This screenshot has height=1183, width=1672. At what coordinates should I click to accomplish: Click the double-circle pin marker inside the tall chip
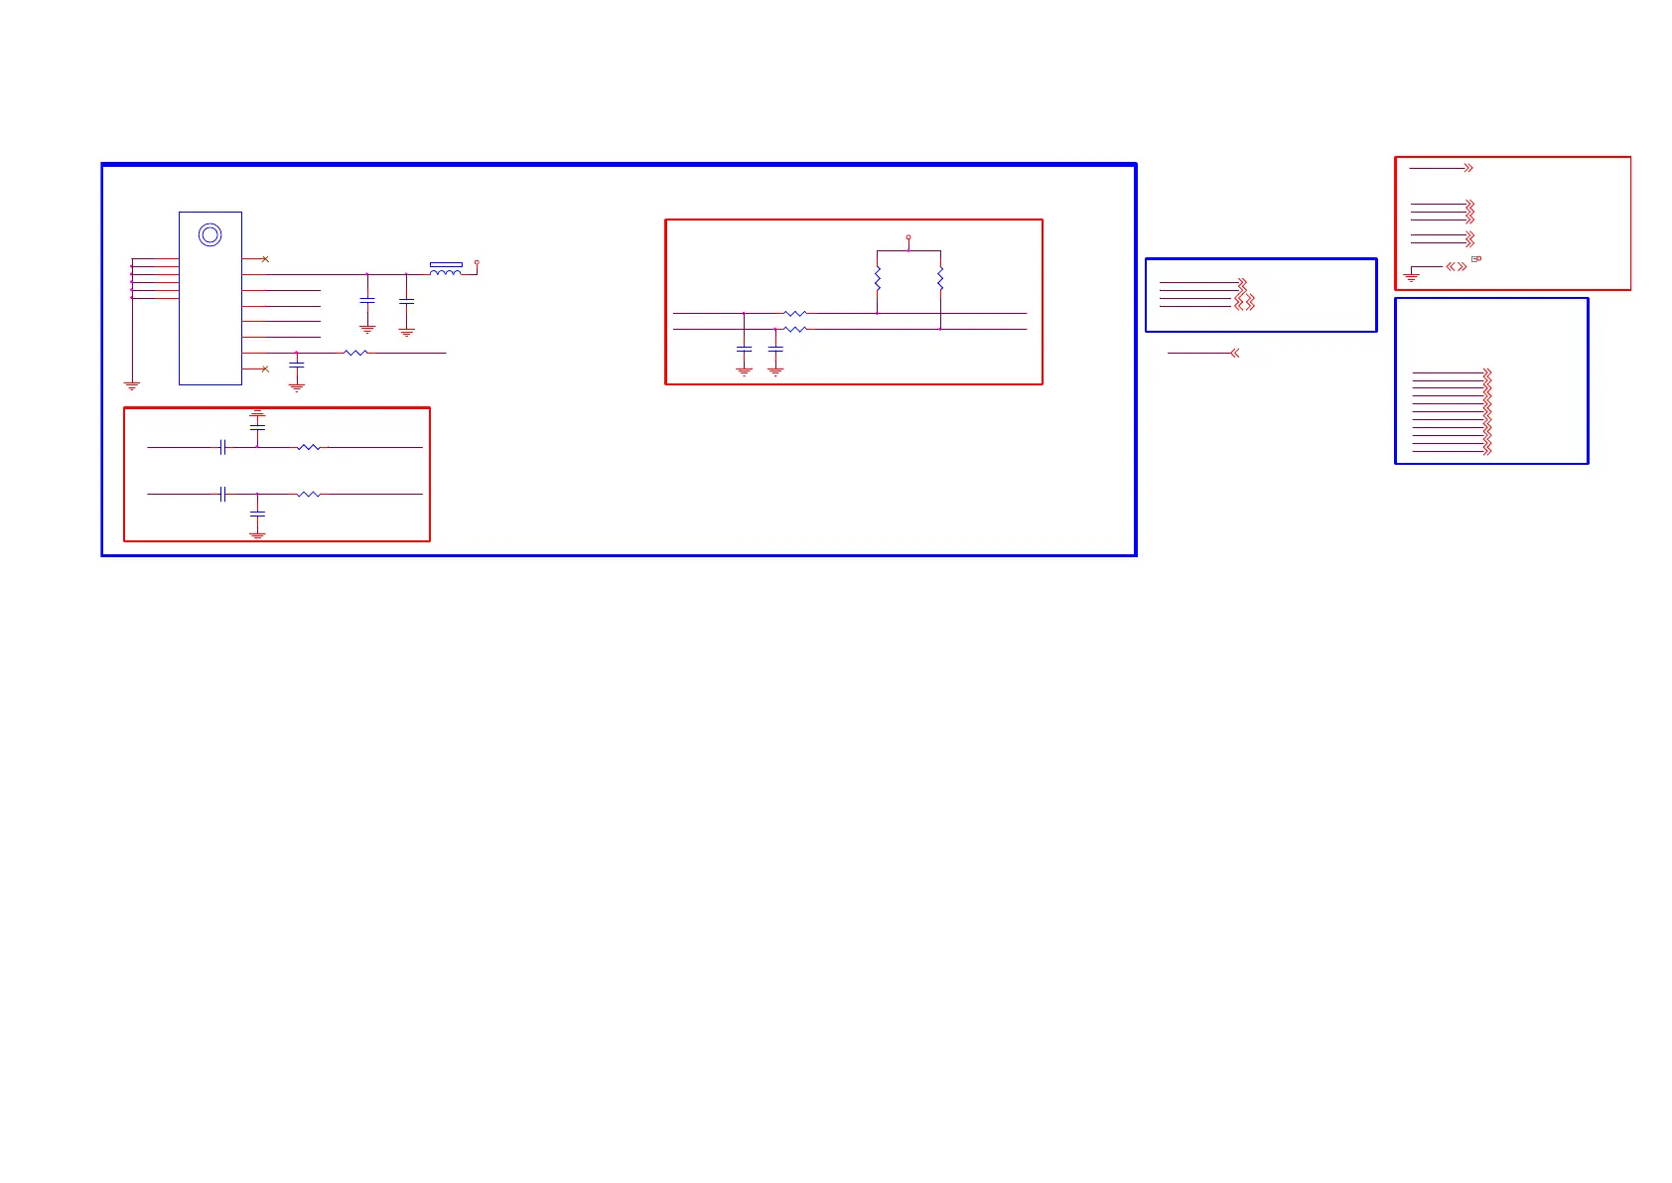(x=209, y=235)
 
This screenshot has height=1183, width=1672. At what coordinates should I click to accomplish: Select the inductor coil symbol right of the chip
(x=446, y=269)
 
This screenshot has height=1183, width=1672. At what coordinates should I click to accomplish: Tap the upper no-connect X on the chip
(x=265, y=259)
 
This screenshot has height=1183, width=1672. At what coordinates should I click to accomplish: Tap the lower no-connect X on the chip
(x=265, y=370)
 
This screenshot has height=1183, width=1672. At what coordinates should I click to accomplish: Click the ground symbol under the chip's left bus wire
(x=132, y=385)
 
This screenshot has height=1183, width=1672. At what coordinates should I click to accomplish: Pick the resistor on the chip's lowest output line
(x=355, y=353)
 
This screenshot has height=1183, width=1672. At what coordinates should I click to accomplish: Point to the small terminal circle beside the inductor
(x=477, y=263)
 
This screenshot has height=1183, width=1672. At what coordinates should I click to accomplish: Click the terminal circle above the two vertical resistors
(x=908, y=237)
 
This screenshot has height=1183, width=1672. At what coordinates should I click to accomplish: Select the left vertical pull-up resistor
(x=878, y=279)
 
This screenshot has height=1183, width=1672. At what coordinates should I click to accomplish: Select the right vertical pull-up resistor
(x=940, y=279)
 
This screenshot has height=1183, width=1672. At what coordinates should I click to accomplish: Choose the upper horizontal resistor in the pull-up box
(x=795, y=314)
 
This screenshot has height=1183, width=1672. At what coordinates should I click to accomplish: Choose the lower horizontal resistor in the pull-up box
(x=795, y=329)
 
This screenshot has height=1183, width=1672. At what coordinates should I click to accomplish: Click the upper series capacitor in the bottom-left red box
(x=222, y=448)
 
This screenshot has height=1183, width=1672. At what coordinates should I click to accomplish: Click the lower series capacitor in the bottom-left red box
(x=222, y=494)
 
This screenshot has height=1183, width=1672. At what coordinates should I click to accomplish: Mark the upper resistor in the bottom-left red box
(x=309, y=448)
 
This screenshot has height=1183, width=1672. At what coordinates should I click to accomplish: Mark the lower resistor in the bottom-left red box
(x=309, y=494)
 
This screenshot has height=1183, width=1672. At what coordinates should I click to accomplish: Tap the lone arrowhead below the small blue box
(x=1234, y=353)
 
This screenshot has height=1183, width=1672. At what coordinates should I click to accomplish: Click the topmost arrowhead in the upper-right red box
(x=1468, y=168)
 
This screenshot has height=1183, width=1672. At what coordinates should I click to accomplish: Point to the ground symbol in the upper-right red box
(x=1411, y=277)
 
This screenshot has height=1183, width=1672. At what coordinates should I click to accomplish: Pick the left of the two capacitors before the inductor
(x=367, y=300)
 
